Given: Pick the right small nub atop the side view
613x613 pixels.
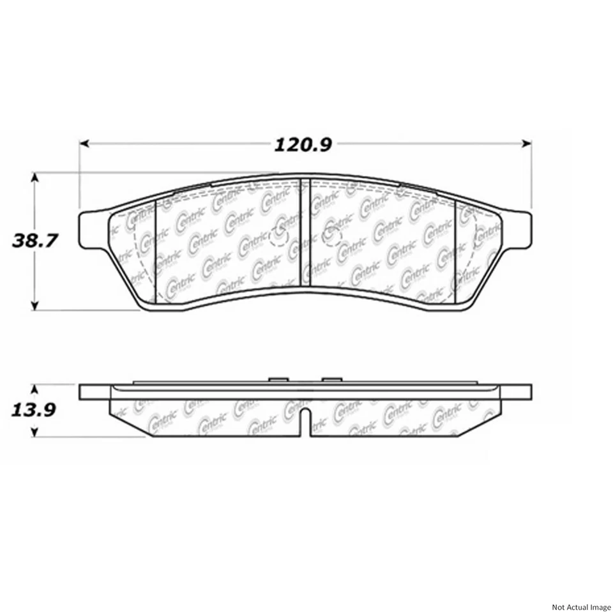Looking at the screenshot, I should coord(332,379).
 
